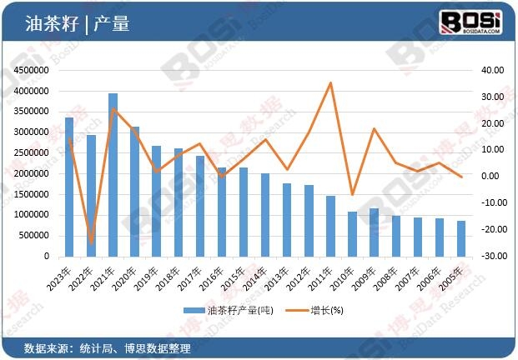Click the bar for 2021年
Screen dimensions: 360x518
click(113, 174)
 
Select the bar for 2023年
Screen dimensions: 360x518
click(70, 187)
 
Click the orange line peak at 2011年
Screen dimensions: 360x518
click(330, 82)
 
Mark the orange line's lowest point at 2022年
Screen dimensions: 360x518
click(92, 242)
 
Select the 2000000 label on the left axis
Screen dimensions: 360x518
click(30, 173)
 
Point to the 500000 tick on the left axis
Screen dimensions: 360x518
click(33, 235)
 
